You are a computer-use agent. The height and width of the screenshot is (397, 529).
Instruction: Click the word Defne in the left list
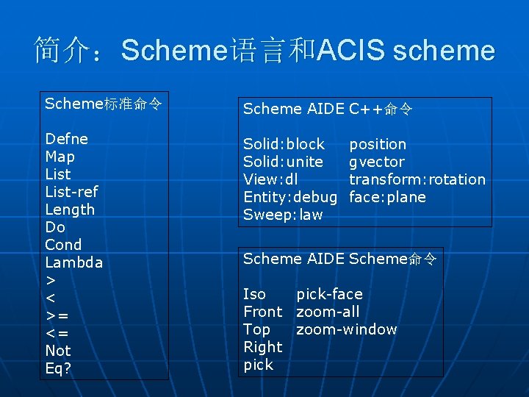pos(66,139)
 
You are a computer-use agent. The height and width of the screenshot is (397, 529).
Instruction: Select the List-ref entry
pos(71,192)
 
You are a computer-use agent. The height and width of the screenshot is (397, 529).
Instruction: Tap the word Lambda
pos(73,262)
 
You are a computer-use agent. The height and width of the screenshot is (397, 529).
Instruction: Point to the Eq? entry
pos(58,368)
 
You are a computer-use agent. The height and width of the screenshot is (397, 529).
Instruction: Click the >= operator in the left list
pos(57,315)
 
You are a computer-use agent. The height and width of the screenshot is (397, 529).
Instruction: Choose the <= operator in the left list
pos(57,333)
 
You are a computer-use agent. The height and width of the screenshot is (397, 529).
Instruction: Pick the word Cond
pos(63,245)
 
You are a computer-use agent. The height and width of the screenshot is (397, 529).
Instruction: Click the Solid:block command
pos(284,144)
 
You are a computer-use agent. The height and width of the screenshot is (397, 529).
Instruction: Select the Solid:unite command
pos(283,162)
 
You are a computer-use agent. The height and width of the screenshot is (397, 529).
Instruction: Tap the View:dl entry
pos(270,179)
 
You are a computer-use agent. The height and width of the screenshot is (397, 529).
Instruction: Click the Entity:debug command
pos(289,197)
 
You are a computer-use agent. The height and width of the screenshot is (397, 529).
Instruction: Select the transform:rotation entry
pos(417,179)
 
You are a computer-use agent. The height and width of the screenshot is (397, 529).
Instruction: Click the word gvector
pos(376,162)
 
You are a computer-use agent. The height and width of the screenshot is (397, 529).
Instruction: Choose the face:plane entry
pos(387,197)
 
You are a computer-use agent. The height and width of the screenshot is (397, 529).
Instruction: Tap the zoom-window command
pos(346,329)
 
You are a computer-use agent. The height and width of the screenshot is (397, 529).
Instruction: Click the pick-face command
pos(329,294)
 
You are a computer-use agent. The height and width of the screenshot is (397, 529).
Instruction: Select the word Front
pos(262,312)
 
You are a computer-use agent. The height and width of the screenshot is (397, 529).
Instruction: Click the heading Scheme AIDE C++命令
pos(327,110)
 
